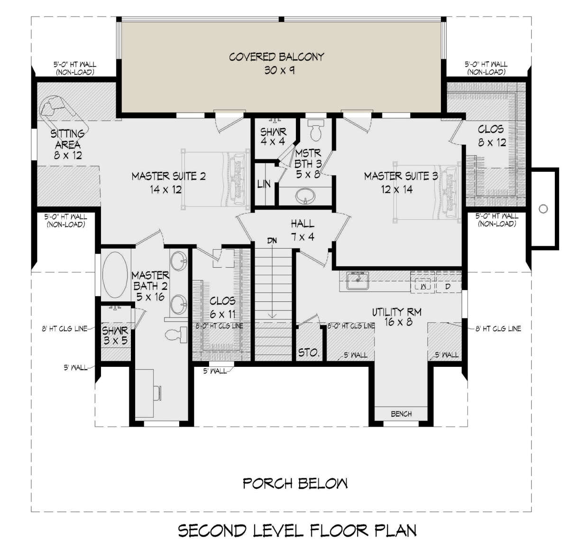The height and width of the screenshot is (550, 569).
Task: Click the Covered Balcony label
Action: [276, 63]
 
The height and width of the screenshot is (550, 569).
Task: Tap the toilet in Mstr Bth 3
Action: [315, 130]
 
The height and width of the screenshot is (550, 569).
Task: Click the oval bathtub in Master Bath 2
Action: [115, 274]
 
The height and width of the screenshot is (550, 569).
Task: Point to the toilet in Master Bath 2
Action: [176, 335]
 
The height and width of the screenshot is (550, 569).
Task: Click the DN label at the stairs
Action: [272, 241]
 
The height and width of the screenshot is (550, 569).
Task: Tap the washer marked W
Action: [423, 286]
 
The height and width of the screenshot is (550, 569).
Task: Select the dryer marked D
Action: [448, 287]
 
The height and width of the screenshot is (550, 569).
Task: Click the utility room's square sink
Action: [358, 280]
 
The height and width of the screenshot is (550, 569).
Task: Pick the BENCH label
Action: [401, 414]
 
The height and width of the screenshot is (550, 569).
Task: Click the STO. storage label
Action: [309, 353]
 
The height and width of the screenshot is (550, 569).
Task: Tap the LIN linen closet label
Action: [264, 184]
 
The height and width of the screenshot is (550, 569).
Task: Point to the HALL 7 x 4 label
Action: [303, 230]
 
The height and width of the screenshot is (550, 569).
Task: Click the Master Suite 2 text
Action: [169, 183]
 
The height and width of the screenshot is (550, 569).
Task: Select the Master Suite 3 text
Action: [401, 183]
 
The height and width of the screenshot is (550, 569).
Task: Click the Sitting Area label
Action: [68, 145]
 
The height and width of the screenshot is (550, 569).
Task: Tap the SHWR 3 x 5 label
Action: [115, 336]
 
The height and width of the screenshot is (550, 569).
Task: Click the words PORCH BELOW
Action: [295, 484]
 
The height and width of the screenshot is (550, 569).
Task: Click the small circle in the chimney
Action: [543, 209]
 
